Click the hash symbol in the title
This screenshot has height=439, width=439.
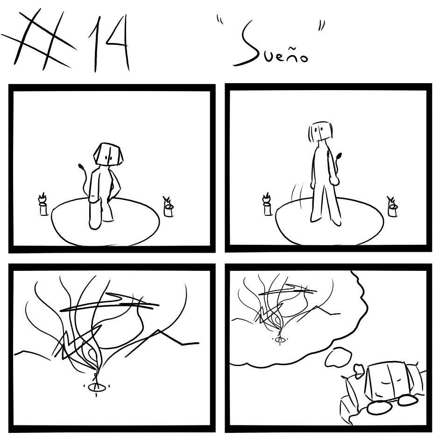[x=39, y=39]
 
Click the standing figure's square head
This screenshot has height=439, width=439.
[x=320, y=132]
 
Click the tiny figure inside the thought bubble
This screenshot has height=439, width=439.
[x=279, y=336]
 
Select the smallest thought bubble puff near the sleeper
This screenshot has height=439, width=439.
[x=358, y=369]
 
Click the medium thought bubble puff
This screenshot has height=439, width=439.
[x=338, y=357]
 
